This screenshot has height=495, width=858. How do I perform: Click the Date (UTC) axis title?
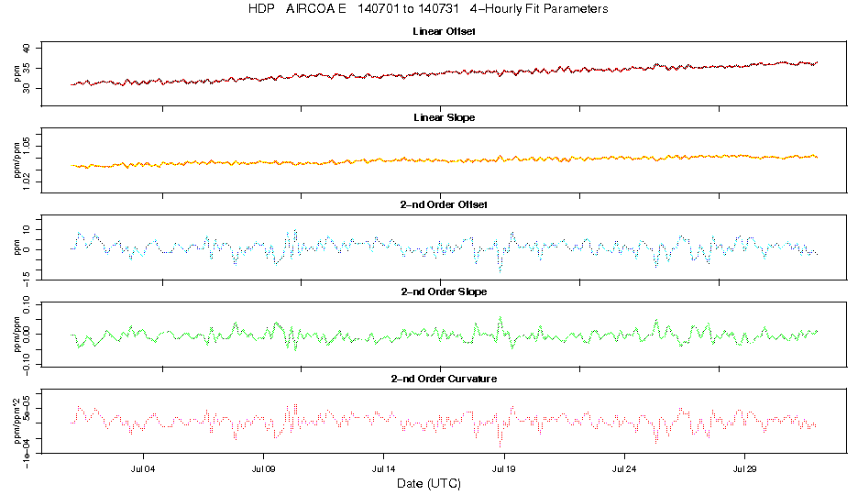pos(428,482)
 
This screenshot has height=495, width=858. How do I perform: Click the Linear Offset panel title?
pos(444,31)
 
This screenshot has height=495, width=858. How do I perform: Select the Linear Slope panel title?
pos(444,117)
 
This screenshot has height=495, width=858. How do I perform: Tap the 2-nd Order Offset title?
pos(444,203)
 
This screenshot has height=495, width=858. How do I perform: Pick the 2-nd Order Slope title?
pos(444,291)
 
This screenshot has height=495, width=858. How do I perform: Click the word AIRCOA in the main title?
pos(316,9)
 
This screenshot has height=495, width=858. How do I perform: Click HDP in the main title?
pos(260,9)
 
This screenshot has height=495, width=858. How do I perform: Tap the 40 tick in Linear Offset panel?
pos(27,49)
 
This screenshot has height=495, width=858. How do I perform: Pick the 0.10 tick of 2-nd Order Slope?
pos(27,307)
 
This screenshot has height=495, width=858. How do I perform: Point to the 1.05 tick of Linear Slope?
pos(27,144)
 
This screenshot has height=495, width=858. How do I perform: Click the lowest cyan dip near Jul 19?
pos(500,270)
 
